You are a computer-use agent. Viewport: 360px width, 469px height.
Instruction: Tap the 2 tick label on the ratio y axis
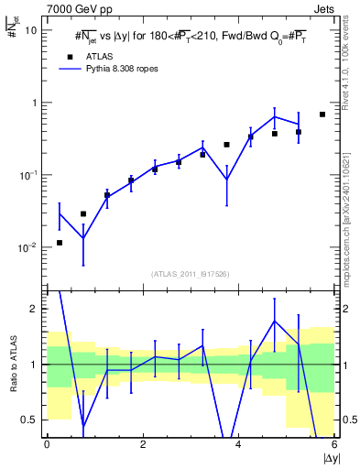click(36, 309)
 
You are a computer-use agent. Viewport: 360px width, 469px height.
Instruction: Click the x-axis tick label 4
click(238, 445)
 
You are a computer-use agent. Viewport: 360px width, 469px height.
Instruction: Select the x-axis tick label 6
click(334, 445)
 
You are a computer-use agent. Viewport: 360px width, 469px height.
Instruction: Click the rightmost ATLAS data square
click(322, 115)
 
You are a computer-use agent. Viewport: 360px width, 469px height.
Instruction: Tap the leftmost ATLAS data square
click(60, 243)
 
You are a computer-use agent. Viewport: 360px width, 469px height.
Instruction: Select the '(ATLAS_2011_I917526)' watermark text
click(191, 273)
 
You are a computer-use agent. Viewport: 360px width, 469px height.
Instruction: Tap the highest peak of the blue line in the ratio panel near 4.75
click(275, 321)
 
